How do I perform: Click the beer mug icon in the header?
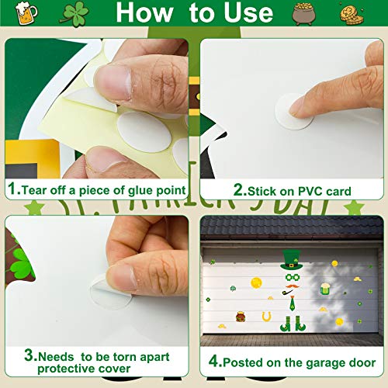coord(26,14)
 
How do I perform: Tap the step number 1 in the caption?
coord(12,190)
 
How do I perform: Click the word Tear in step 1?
coord(36,190)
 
